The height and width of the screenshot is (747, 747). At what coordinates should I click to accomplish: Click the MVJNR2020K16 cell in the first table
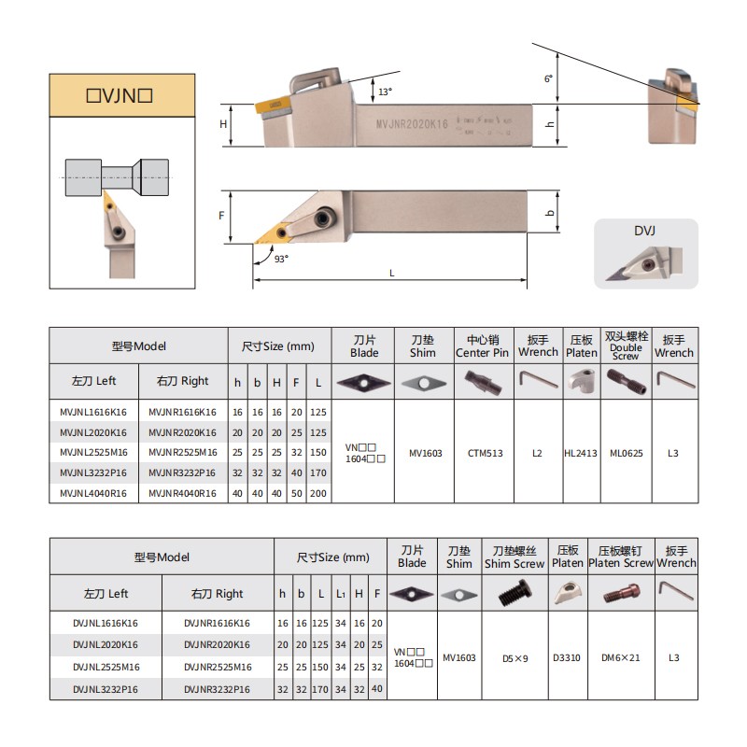(182, 432)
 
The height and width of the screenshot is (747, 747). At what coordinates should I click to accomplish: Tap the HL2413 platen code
(581, 454)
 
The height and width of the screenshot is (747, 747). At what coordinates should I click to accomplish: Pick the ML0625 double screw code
(626, 454)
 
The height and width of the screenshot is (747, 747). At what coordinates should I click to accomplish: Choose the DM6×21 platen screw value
(621, 657)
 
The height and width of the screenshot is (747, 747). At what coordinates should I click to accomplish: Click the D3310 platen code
(567, 657)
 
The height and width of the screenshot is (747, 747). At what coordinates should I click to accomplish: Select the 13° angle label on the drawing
(386, 92)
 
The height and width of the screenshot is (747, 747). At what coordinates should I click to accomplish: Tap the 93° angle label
(281, 259)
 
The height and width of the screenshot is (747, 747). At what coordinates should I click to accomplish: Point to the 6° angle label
(548, 79)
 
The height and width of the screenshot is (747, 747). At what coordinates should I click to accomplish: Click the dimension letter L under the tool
(391, 273)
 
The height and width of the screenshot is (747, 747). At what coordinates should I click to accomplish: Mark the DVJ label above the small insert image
(646, 231)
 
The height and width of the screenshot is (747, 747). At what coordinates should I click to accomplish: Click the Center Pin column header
(482, 346)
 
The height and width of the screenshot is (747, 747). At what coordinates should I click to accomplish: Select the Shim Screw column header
(514, 557)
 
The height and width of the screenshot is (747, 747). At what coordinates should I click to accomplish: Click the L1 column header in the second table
(341, 594)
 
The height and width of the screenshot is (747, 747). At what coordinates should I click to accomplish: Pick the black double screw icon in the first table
(625, 380)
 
